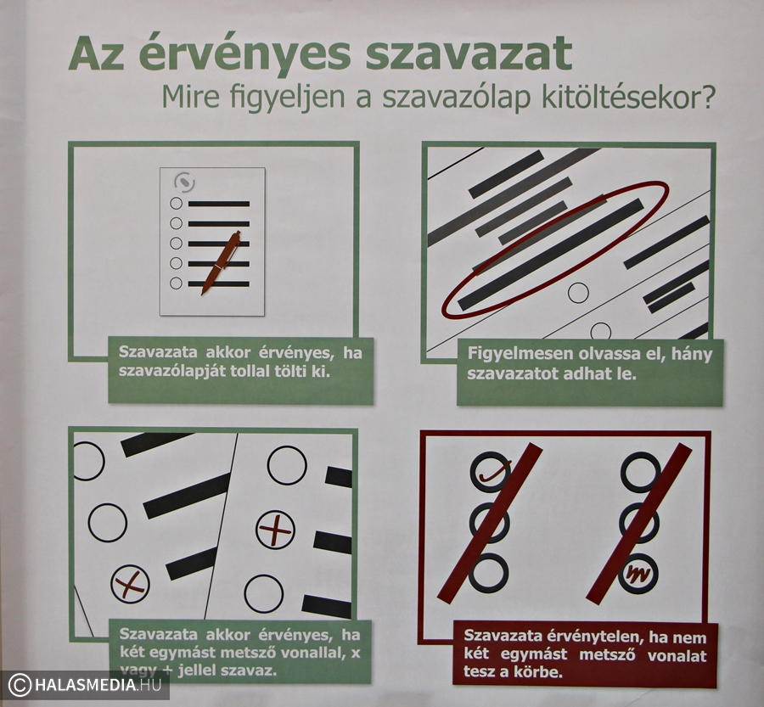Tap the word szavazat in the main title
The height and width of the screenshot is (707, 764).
(x=468, y=53)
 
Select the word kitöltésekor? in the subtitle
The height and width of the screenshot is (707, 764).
(x=628, y=98)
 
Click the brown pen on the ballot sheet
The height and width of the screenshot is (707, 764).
(x=221, y=263)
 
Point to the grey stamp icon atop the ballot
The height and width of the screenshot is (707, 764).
(x=184, y=182)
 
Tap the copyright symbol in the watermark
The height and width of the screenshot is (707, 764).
(x=20, y=685)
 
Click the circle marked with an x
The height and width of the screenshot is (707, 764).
(x=130, y=584)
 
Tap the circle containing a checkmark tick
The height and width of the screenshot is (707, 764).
(x=491, y=471)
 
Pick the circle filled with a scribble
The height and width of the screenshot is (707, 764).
(x=638, y=574)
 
